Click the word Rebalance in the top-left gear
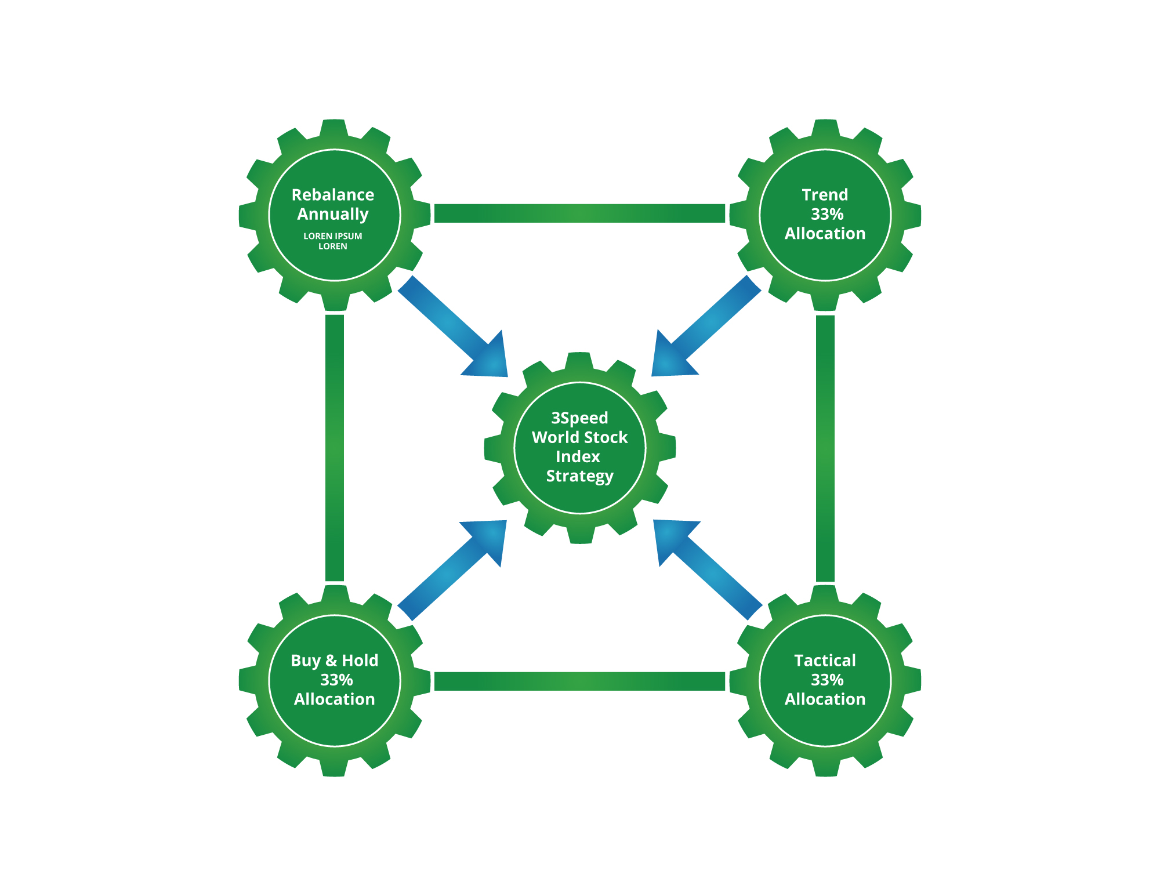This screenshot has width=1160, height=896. (333, 195)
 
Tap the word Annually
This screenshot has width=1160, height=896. (333, 215)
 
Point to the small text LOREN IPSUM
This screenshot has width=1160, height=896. (333, 236)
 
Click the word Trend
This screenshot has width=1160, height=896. (825, 195)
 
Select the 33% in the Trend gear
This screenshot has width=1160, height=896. (827, 215)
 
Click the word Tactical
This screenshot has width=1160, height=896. (825, 661)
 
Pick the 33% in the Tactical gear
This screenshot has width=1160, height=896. (827, 680)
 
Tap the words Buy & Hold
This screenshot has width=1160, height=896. (334, 661)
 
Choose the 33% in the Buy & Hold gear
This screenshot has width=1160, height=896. (336, 680)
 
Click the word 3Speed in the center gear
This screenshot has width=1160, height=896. (579, 418)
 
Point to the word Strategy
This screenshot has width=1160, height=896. (579, 476)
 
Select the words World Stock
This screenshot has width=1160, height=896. (579, 437)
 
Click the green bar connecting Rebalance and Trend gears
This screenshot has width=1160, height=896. (579, 213)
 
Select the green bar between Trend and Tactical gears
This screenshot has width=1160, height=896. (825, 448)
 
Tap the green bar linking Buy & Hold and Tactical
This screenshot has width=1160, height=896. (579, 681)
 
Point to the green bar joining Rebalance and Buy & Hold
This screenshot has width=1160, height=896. (335, 448)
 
